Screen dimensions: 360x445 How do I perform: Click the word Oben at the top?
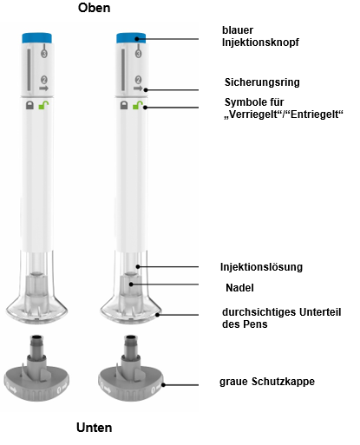pyautogui.click(x=94, y=8)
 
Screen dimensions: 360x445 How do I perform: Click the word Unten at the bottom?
pyautogui.click(x=94, y=428)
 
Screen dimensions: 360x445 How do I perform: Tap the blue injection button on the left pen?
pyautogui.click(x=37, y=38)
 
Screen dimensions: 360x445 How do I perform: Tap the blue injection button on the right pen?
pyautogui.click(x=131, y=38)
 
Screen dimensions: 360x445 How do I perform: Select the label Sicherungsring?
pyautogui.click(x=262, y=82)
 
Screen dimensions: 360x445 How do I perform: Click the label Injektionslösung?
pyautogui.click(x=261, y=267)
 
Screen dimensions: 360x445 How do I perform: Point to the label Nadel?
pyautogui.click(x=239, y=288)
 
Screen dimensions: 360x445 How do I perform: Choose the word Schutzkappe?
pyautogui.click(x=283, y=382)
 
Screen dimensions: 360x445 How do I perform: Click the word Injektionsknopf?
pyautogui.click(x=260, y=43)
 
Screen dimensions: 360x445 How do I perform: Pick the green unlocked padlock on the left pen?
pyautogui.click(x=43, y=105)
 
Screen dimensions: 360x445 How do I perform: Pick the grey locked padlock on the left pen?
pyautogui.click(x=29, y=105)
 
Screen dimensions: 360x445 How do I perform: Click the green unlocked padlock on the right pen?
pyautogui.click(x=138, y=105)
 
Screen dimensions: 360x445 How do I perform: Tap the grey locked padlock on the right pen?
pyautogui.click(x=124, y=105)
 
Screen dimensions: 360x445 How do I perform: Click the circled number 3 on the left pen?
pyautogui.click(x=44, y=54)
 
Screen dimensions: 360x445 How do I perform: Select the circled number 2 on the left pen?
pyautogui.click(x=44, y=80)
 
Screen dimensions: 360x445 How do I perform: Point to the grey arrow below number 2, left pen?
pyautogui.click(x=43, y=88)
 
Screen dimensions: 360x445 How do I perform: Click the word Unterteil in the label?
pyautogui.click(x=320, y=312)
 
